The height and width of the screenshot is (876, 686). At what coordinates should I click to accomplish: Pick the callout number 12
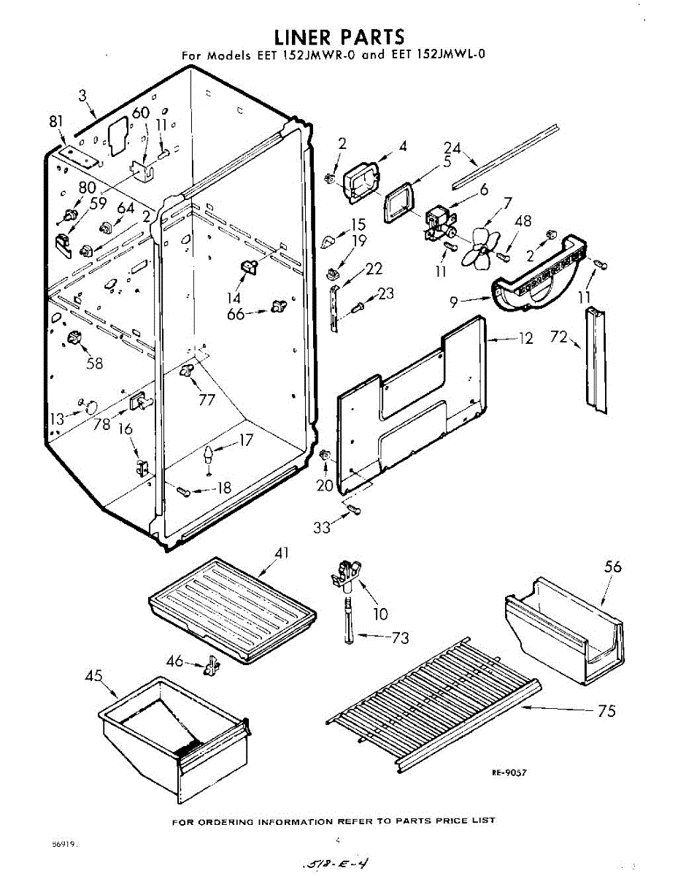[x=526, y=338]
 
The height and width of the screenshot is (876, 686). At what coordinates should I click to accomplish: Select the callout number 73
[x=400, y=638]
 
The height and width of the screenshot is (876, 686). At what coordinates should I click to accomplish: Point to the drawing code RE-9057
[x=509, y=772]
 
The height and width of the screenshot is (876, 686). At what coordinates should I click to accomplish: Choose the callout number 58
[x=95, y=363]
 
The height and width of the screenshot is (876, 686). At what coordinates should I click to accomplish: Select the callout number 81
[x=56, y=122]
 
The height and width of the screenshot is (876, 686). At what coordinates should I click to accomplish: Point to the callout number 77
[x=207, y=399]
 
